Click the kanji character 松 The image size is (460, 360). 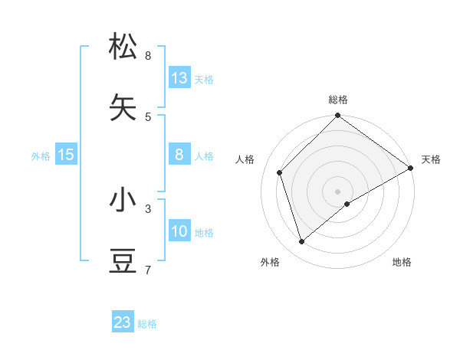coord(123,47)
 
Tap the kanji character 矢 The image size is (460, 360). coord(123,108)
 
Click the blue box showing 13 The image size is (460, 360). coord(179,78)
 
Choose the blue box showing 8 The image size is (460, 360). coord(179,155)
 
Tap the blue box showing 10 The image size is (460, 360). coord(179,231)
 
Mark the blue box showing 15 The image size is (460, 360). coord(66,155)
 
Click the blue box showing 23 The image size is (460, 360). coord(123,322)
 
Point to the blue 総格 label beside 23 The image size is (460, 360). coord(147,324)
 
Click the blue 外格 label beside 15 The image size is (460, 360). coord(41,156)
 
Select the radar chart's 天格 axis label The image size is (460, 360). coord(431,159)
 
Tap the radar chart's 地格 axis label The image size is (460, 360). coord(402,262)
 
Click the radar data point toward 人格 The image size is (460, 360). coord(280,172)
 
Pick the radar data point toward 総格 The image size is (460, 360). coord(337,116)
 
